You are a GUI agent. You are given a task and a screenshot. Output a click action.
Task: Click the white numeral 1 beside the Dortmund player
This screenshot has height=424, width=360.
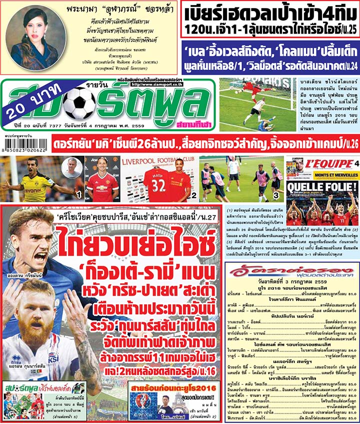coord(78,193)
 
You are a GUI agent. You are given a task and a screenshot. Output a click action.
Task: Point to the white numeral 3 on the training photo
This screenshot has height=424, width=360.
coord(275,193)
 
